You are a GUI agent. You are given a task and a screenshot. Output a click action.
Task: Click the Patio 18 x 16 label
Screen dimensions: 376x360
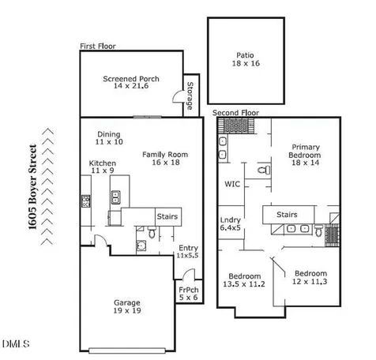tap(246, 59)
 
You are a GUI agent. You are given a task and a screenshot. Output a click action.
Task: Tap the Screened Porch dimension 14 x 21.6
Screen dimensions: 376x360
tap(131, 86)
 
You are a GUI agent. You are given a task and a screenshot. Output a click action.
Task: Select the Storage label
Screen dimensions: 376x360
tap(190, 96)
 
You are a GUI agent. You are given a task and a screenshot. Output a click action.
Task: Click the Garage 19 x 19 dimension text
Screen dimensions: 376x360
tap(127, 310)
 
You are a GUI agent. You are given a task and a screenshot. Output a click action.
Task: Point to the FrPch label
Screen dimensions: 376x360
tap(189, 290)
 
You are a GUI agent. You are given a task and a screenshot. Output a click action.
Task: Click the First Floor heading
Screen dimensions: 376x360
tap(98, 47)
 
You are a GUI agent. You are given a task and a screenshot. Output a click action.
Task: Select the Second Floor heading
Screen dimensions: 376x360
tap(235, 113)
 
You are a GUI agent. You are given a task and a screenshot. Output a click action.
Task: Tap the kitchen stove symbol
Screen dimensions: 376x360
tap(85, 201)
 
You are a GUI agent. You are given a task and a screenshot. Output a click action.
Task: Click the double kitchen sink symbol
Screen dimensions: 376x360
tap(115, 197)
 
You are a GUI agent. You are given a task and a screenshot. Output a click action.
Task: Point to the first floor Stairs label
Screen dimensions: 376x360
tap(167, 216)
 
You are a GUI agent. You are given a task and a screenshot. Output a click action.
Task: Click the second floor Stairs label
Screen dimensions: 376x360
tap(287, 215)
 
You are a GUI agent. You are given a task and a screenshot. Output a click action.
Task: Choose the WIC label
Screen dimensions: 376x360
tap(232, 184)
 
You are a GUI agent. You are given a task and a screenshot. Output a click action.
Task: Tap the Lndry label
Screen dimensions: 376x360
tap(231, 220)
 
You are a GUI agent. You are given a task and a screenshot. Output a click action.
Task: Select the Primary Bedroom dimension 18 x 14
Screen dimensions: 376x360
tap(305, 163)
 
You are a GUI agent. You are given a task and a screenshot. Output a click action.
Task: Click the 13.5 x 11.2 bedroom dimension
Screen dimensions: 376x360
tap(244, 284)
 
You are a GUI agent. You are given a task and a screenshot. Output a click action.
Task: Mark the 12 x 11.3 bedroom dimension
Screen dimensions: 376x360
tap(310, 282)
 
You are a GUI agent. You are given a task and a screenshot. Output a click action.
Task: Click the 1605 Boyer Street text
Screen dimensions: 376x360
tap(32, 187)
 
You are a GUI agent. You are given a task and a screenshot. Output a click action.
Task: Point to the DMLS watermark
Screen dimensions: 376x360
tap(16, 343)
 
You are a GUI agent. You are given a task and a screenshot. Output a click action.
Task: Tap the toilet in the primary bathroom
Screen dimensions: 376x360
tap(264, 171)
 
